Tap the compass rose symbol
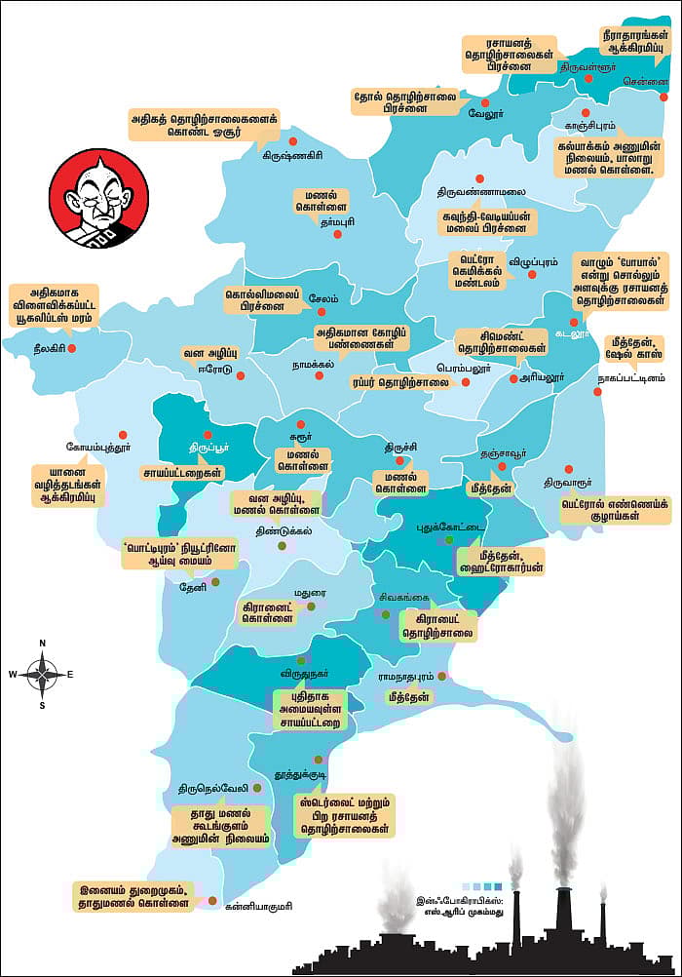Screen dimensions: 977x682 [43, 673]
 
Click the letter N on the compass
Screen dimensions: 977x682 [43, 644]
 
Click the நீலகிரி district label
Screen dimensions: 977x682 [40, 347]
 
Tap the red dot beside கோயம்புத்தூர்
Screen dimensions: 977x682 [123, 435]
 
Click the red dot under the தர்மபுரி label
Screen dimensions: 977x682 [337, 235]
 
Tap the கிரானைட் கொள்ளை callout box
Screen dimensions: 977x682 [268, 611]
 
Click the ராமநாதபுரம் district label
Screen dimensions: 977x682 [406, 676]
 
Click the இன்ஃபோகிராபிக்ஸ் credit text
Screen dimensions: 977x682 [461, 907]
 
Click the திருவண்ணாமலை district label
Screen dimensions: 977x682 [481, 191]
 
